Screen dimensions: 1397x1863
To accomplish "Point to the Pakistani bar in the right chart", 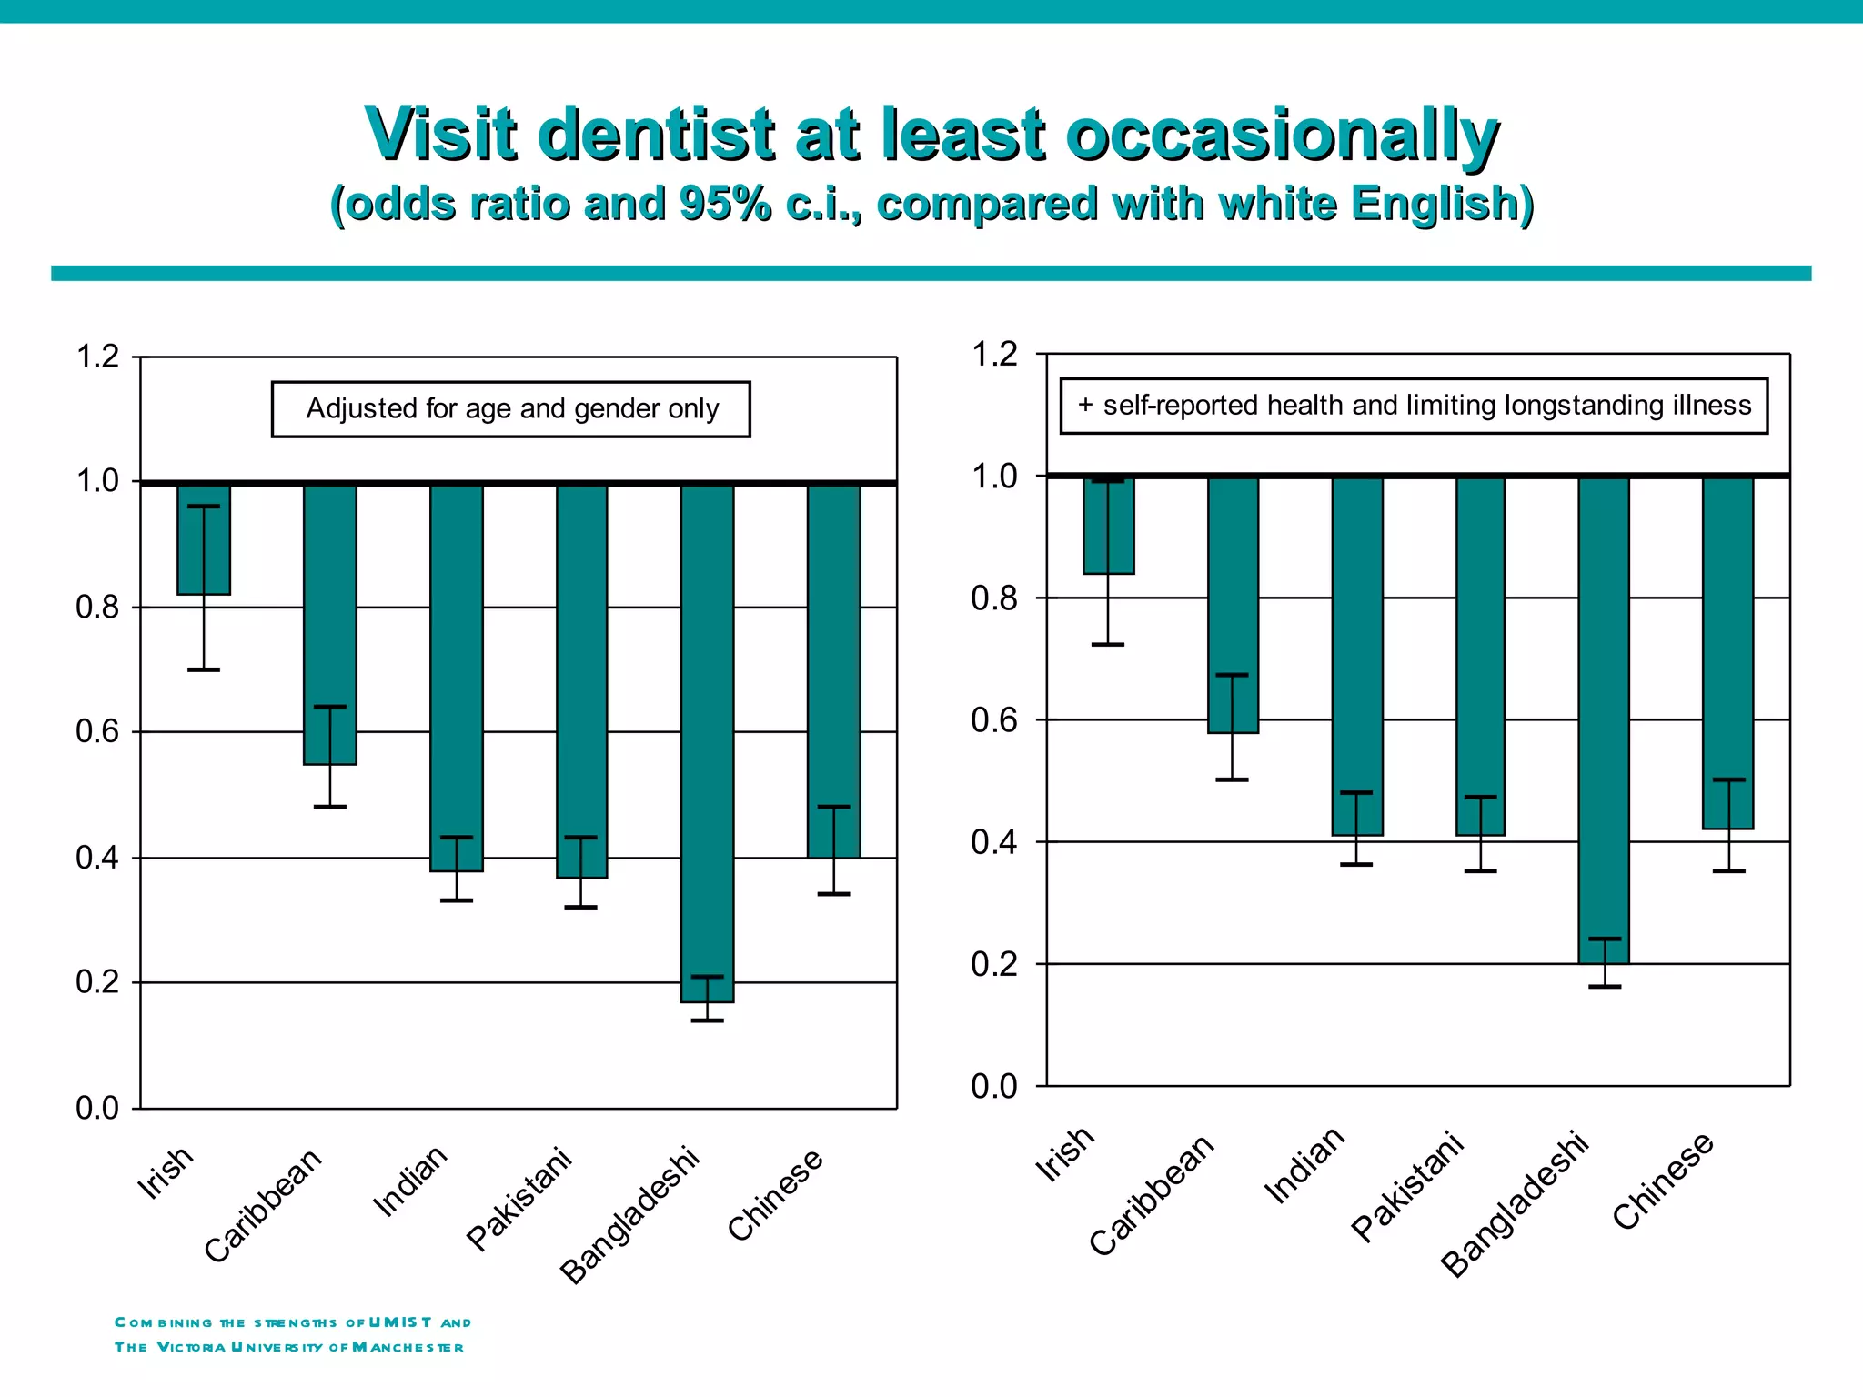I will point(1480,656).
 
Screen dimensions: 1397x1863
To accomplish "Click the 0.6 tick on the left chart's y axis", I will point(98,732).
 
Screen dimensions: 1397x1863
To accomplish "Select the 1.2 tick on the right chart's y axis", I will point(994,355).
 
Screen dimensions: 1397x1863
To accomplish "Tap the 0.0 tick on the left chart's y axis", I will point(98,1109).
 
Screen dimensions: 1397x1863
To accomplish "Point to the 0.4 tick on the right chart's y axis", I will point(994,842).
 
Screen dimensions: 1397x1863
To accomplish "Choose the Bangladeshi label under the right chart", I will point(1515,1205).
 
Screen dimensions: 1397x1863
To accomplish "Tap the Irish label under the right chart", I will point(1065,1154).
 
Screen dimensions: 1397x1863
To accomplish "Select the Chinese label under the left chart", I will point(775,1194).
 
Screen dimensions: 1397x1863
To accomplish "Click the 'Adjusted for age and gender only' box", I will point(511,409).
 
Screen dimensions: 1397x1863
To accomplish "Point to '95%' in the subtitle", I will point(725,204).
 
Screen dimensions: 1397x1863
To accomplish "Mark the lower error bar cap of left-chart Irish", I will point(204,670).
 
